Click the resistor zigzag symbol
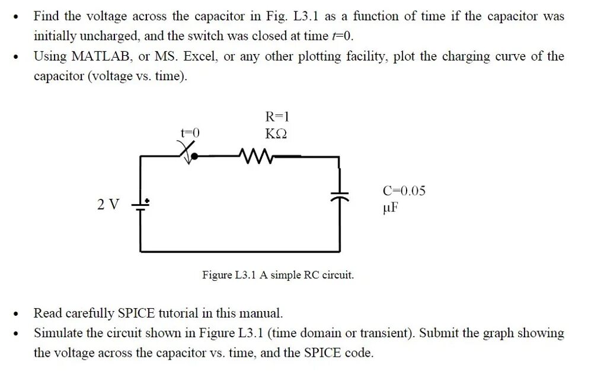point(254,156)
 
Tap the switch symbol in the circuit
point(189,153)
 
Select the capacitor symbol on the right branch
point(339,195)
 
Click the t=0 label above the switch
point(190,134)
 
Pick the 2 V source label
point(108,205)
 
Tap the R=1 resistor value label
point(276,116)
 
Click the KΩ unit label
point(276,134)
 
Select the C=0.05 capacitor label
point(404,191)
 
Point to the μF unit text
point(391,208)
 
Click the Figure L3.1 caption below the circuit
point(278,275)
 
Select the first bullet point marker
point(16,17)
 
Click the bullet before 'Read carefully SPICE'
point(16,313)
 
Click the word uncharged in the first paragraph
point(111,36)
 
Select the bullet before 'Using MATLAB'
point(16,57)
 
